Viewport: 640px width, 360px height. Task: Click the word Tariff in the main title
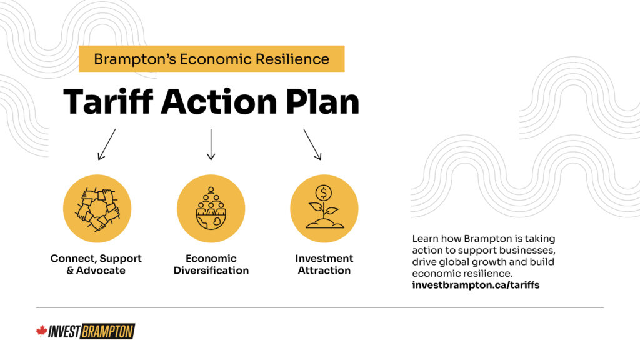pyautogui.click(x=108, y=101)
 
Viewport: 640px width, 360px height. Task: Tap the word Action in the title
pyautogui.click(x=219, y=101)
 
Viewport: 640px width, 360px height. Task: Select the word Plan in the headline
pyautogui.click(x=322, y=101)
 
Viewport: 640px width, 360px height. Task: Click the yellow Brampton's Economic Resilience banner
pyautogui.click(x=211, y=59)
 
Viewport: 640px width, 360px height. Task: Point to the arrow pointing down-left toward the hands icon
pyautogui.click(x=106, y=144)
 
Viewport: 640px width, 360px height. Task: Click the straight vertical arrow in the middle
pyautogui.click(x=211, y=144)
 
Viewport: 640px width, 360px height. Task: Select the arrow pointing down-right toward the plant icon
pyautogui.click(x=312, y=144)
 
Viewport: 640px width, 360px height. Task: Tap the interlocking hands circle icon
pyautogui.click(x=97, y=209)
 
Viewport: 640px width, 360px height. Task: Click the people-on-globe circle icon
pyautogui.click(x=211, y=209)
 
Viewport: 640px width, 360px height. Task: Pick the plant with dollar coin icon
pyautogui.click(x=324, y=209)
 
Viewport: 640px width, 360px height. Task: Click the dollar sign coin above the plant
pyautogui.click(x=324, y=192)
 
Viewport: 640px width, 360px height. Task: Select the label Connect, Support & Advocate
pyautogui.click(x=96, y=264)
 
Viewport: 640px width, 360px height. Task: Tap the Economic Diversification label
pyautogui.click(x=211, y=264)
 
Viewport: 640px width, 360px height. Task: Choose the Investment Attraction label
pyautogui.click(x=324, y=264)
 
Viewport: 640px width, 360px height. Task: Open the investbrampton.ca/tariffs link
pyautogui.click(x=476, y=285)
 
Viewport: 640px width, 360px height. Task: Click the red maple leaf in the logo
pyautogui.click(x=42, y=331)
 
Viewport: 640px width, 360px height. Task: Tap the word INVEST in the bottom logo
pyautogui.click(x=64, y=332)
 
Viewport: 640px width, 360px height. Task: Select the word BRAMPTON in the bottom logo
pyautogui.click(x=107, y=331)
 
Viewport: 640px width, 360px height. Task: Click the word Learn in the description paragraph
pyautogui.click(x=424, y=239)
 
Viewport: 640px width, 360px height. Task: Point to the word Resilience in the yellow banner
pyautogui.click(x=292, y=59)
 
